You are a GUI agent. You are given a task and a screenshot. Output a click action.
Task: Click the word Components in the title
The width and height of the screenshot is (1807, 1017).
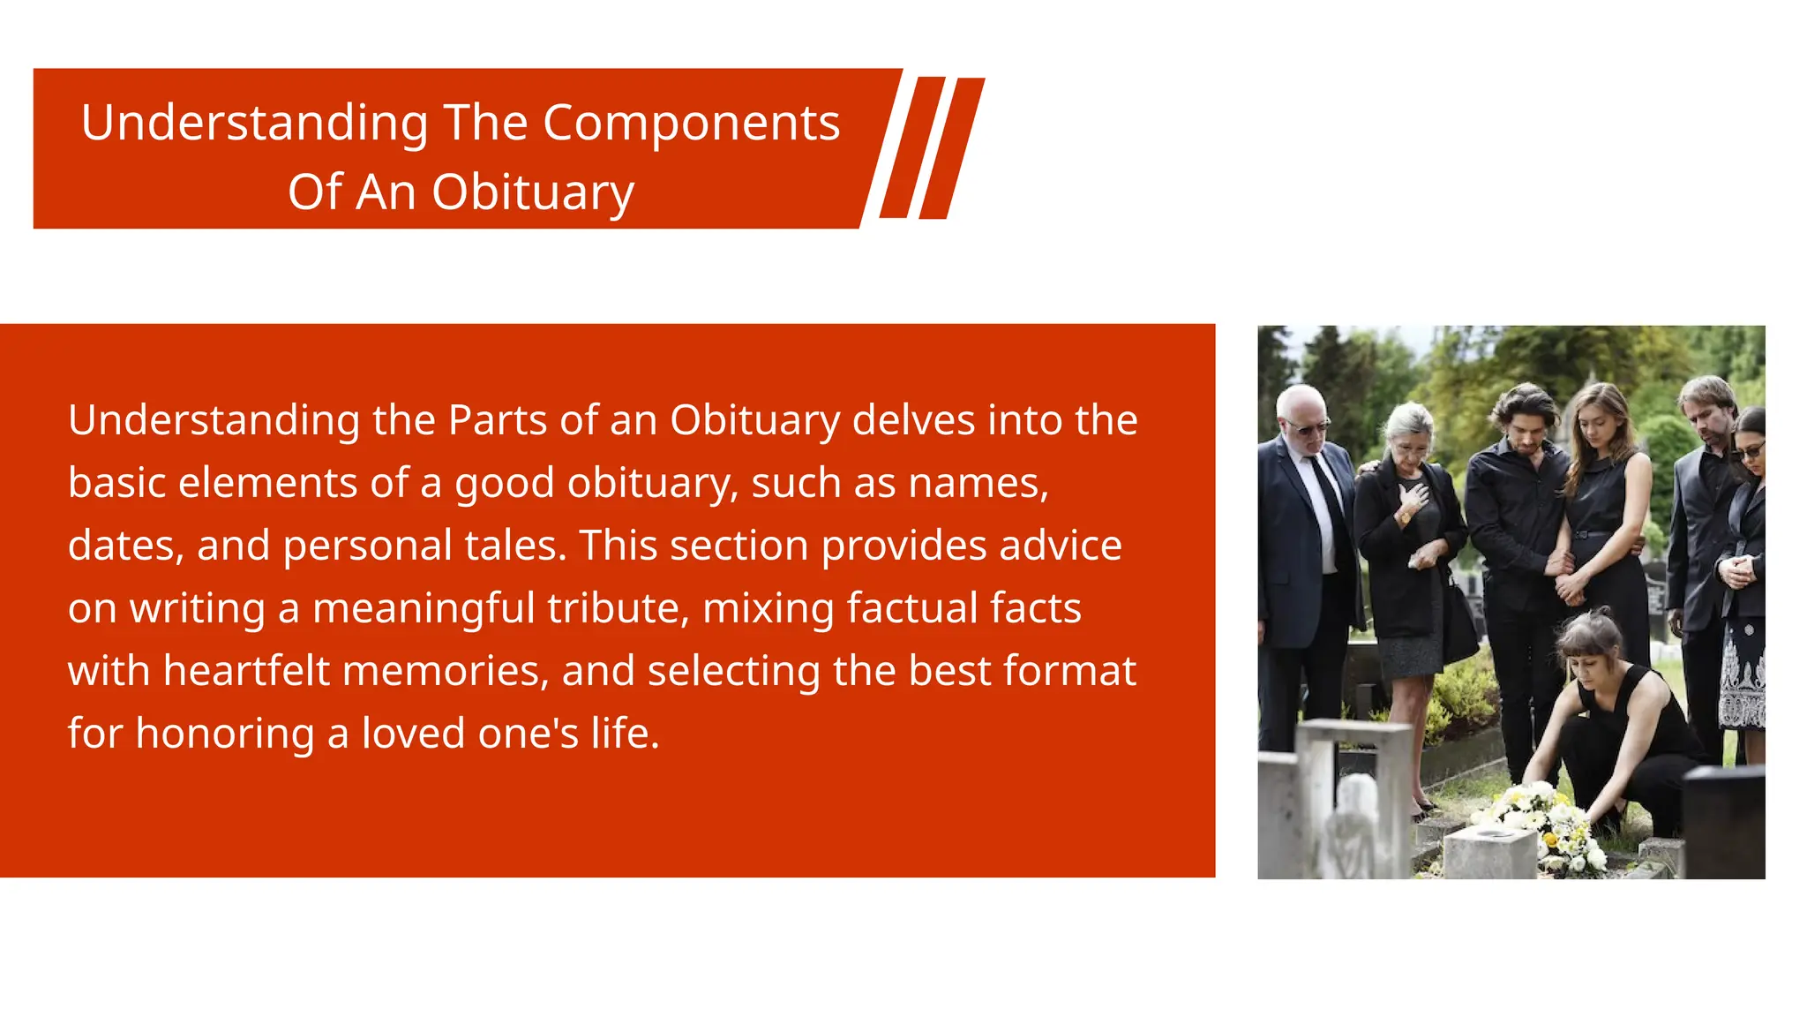691,123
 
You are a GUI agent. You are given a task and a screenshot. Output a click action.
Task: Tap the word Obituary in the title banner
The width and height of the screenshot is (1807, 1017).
533,192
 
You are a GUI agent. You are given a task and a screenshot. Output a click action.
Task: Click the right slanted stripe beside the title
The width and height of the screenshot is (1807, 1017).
951,147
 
